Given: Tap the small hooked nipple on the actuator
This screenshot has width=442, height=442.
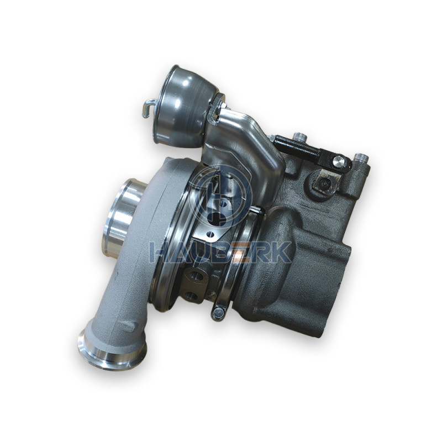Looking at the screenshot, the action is coord(149,108).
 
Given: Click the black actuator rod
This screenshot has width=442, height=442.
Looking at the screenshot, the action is coord(299,148).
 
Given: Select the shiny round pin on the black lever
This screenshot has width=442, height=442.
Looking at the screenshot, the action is coord(339,161).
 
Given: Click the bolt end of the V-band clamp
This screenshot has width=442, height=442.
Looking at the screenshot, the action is coord(218,312).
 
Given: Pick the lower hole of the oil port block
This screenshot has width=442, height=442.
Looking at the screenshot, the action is coord(191,295).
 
